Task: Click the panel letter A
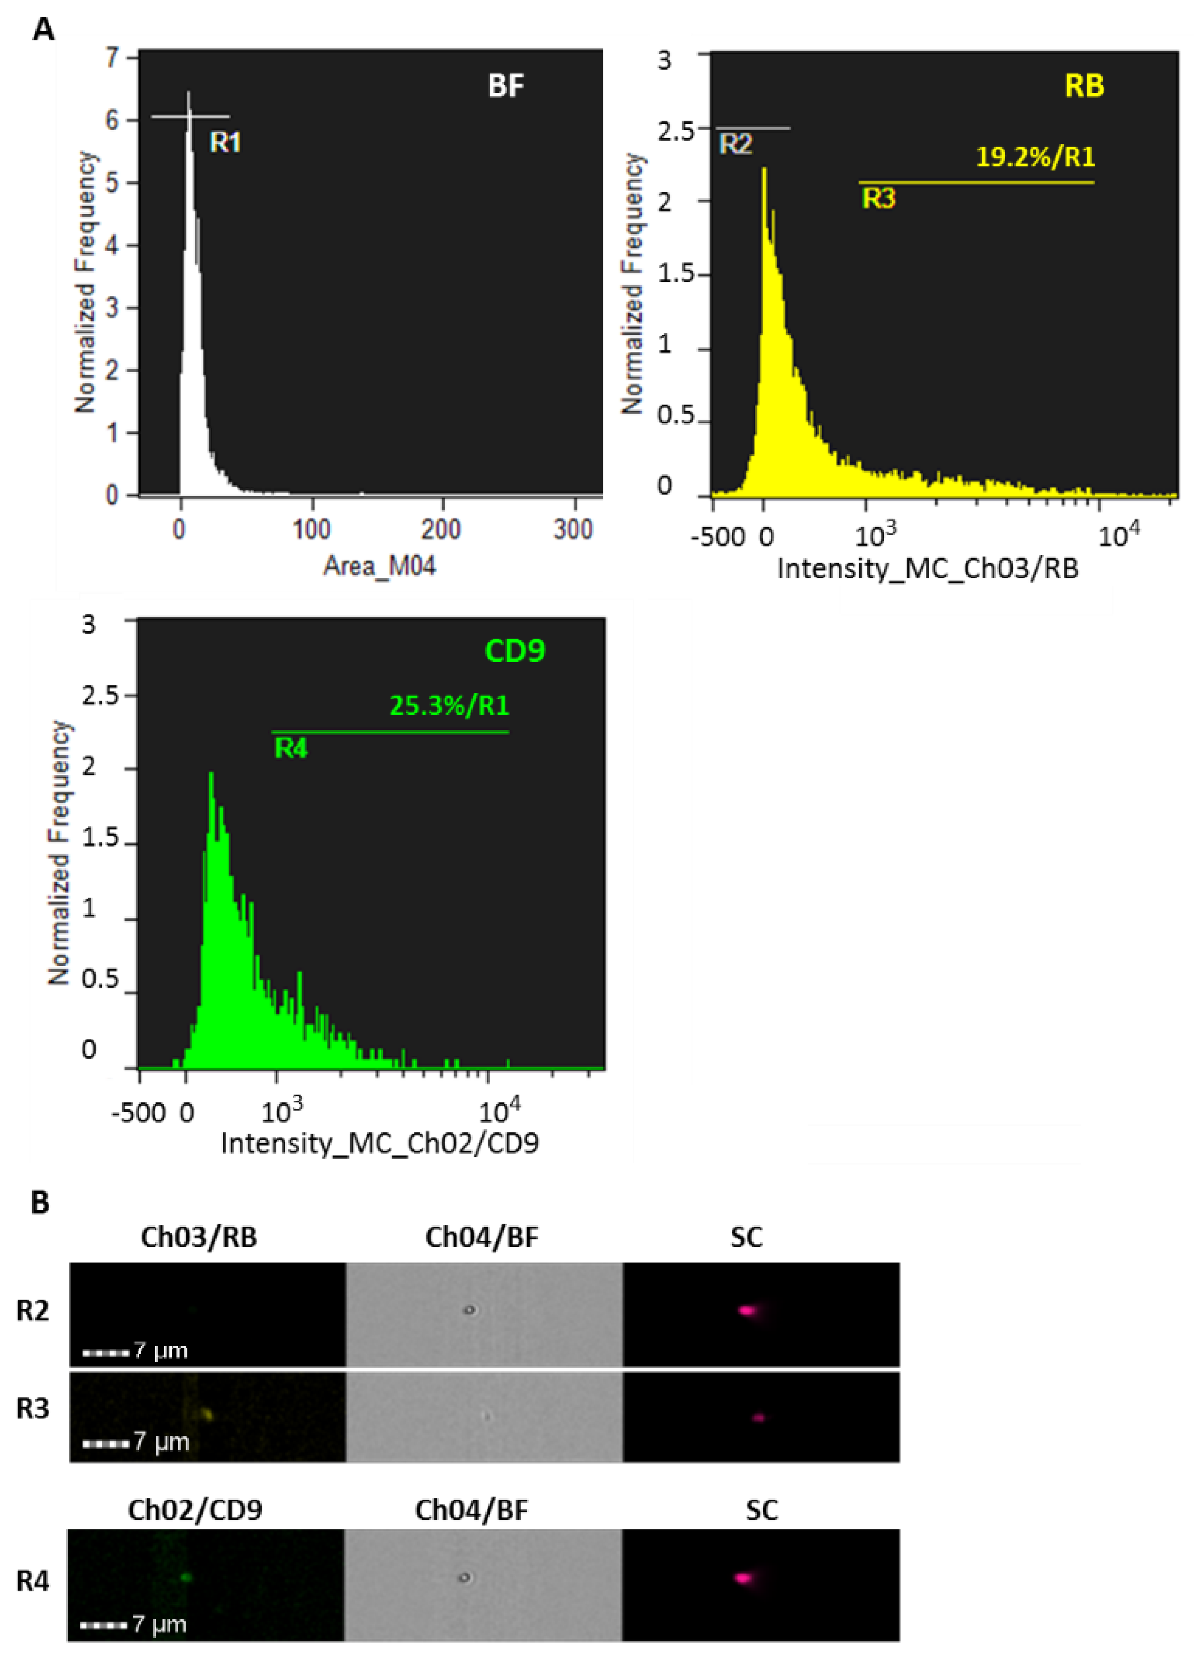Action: click(x=44, y=30)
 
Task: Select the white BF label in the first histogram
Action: click(x=506, y=86)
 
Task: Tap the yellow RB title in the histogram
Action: click(x=1085, y=86)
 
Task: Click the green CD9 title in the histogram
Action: click(x=515, y=651)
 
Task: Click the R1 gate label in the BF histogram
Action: click(x=225, y=142)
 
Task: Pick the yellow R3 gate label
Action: click(x=878, y=198)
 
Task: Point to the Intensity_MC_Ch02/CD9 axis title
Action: click(x=380, y=1143)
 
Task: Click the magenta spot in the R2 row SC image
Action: click(x=747, y=1310)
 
